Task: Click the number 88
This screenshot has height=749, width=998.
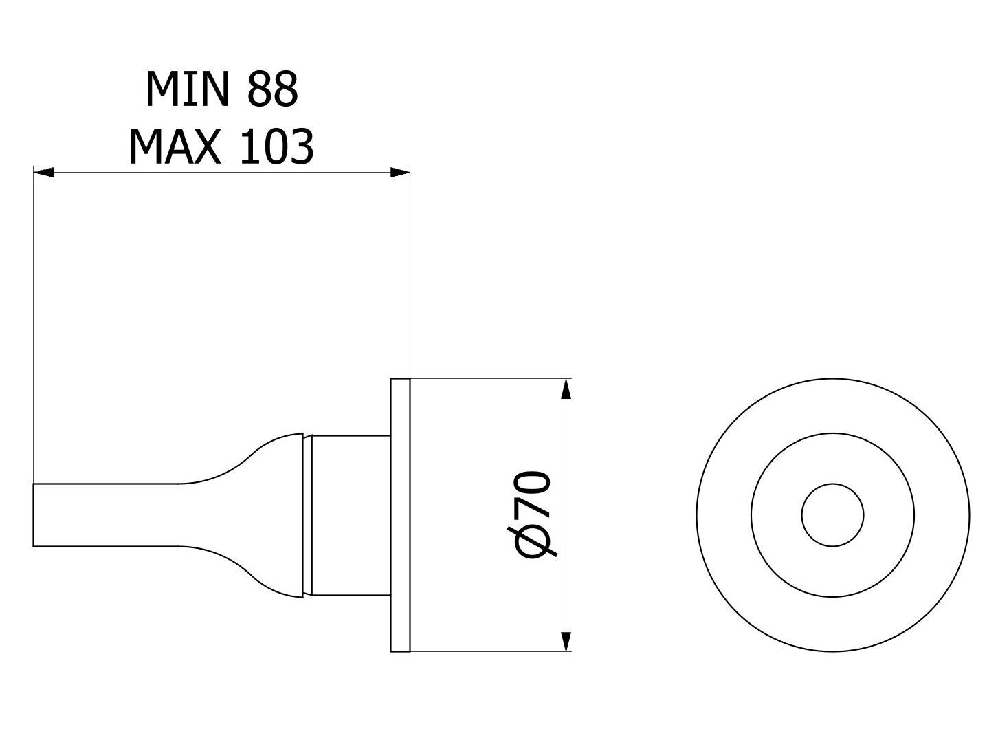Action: [272, 89]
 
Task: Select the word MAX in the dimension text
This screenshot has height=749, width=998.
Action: [175, 146]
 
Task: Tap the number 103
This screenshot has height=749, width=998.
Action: [276, 146]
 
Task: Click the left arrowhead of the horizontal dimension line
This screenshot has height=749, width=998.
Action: [44, 173]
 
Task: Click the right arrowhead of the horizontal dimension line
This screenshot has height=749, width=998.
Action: [400, 173]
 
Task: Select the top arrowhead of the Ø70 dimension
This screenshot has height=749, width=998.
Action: [566, 389]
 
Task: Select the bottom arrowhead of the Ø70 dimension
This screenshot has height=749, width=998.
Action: [566, 642]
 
